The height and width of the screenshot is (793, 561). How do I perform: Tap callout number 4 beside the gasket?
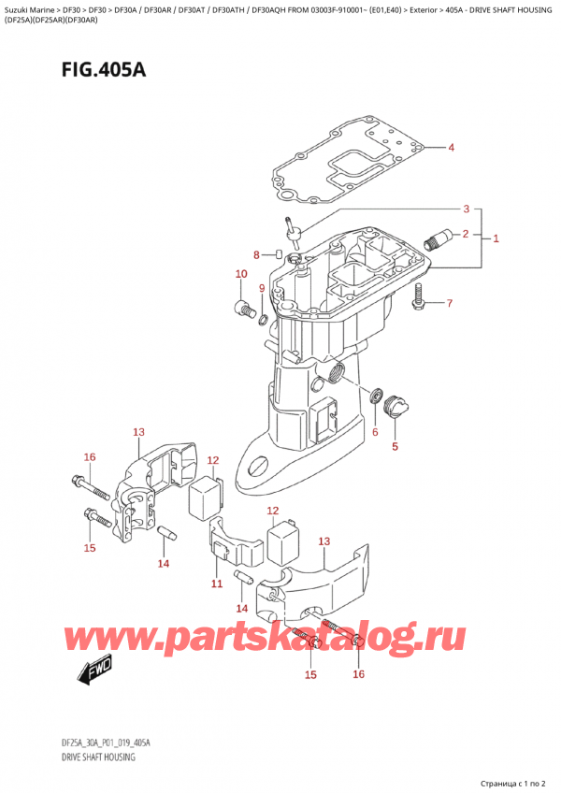click(451, 148)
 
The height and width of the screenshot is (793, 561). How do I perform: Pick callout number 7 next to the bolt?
click(449, 303)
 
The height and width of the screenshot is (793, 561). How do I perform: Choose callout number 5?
click(394, 446)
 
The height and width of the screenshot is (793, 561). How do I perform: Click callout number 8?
click(257, 254)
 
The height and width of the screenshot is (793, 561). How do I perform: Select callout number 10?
click(241, 274)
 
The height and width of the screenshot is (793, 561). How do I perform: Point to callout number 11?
click(217, 584)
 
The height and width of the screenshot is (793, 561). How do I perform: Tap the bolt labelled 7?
click(418, 297)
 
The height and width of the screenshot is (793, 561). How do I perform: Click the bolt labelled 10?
click(245, 309)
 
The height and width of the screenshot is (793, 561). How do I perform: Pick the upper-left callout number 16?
click(90, 456)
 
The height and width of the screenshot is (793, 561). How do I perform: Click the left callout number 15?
click(90, 547)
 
